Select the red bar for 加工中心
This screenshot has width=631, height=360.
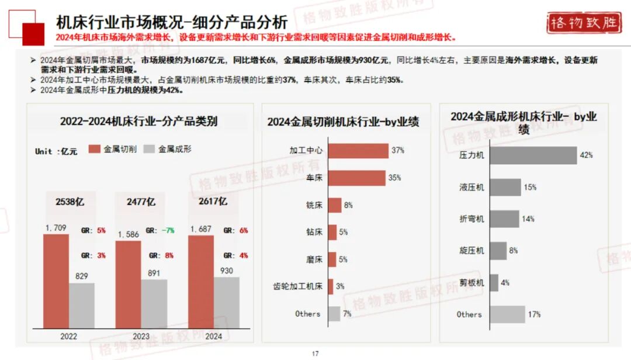tap(358, 151)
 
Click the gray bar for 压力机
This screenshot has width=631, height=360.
tap(533, 155)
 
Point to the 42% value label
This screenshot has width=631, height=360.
tap(586, 155)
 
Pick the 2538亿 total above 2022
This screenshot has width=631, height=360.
tap(70, 202)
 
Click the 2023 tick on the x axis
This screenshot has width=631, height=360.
tap(141, 336)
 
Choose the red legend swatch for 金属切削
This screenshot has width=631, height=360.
tap(95, 150)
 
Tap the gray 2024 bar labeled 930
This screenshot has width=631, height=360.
tap(226, 302)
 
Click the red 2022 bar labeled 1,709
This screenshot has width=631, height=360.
tap(56, 281)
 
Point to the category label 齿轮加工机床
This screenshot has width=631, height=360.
tap(298, 286)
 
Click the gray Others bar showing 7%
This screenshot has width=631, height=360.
tap(334, 314)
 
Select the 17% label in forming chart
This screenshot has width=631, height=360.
tap(533, 314)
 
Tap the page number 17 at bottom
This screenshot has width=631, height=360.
tap(315, 353)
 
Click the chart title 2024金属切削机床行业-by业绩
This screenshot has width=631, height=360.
tap(343, 122)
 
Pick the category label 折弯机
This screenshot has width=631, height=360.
tap(471, 219)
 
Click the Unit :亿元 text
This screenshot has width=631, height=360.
tap(56, 151)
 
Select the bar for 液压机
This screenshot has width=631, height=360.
tap(505, 188)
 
